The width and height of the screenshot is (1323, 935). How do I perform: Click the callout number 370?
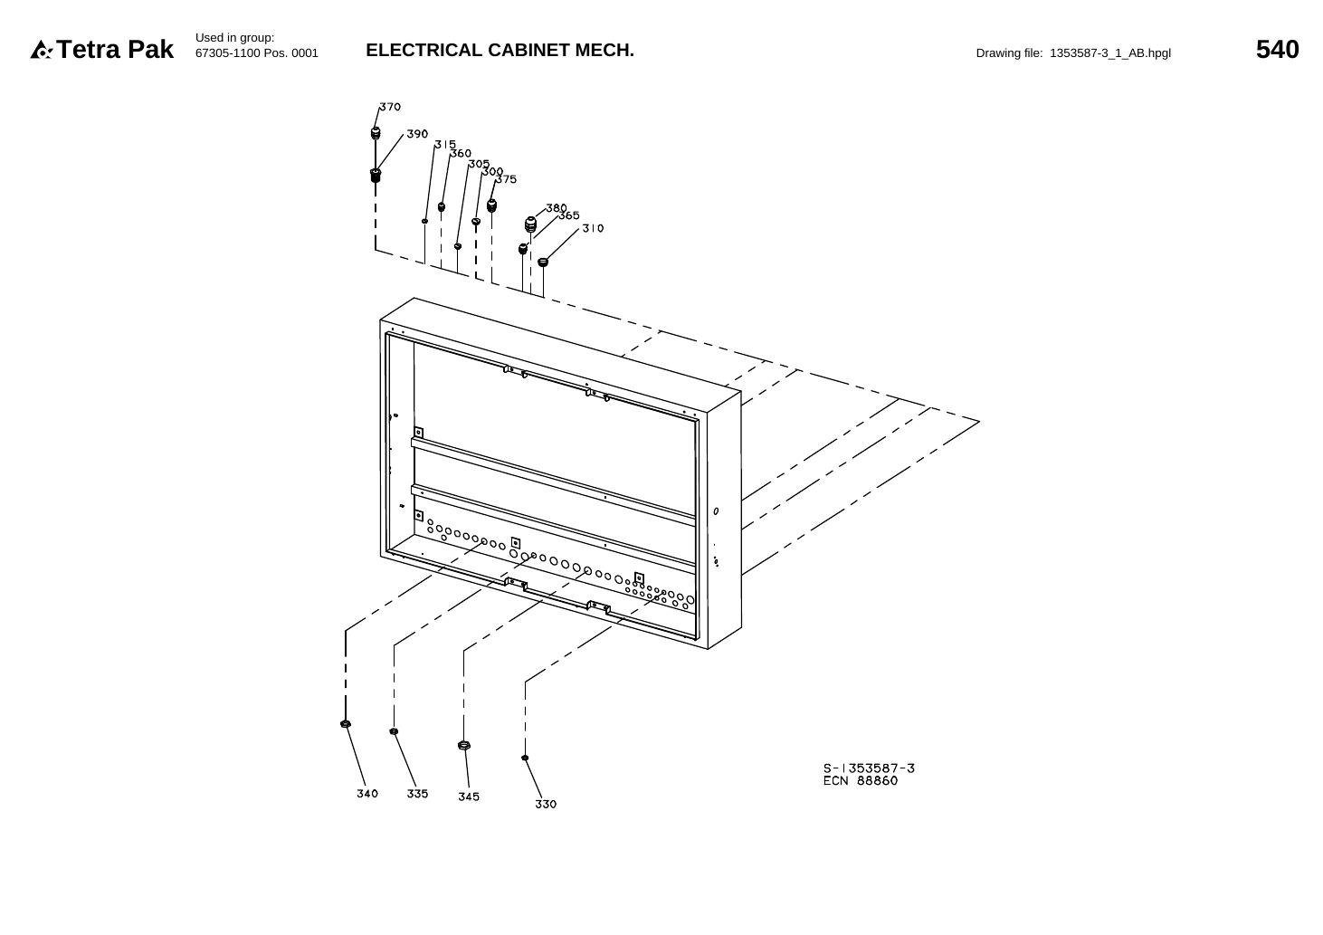coord(390,107)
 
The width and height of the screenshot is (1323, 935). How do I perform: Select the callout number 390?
coord(417,134)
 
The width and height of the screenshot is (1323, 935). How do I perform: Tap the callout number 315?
coord(445,145)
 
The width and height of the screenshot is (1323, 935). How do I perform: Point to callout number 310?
coord(593,228)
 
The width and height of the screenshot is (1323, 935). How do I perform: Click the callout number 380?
coord(557,208)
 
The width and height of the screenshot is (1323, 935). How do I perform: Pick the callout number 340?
coord(367,793)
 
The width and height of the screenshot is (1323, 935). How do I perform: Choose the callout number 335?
coord(417,793)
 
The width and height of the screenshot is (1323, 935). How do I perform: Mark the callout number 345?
coord(469,797)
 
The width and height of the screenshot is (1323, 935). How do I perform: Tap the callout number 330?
coord(546,804)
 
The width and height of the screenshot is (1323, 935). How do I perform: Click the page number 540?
coord(1277,49)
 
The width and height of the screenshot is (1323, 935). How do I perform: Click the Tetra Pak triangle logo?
coord(41,50)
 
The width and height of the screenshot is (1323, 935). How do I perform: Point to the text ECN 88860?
coord(861,781)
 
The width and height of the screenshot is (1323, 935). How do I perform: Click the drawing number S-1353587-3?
coord(869,768)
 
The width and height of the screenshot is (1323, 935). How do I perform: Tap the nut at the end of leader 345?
coord(463,746)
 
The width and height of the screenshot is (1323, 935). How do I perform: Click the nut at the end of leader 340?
coord(346,723)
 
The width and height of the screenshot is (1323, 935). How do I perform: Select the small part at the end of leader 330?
coord(525,758)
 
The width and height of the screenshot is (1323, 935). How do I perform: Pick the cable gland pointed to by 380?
coord(530,224)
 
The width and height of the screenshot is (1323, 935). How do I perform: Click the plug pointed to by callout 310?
coord(543,262)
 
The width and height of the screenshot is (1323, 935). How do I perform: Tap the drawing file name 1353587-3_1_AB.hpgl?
coord(1109,53)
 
